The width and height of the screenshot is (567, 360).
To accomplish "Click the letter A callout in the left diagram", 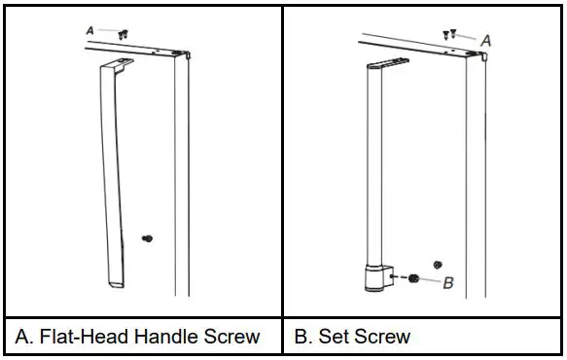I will pos(90,31).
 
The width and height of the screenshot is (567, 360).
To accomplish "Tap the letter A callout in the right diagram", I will pos(486,41).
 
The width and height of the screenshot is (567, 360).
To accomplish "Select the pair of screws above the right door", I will pos(451,34).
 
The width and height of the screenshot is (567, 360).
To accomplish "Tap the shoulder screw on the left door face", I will pos(148,236).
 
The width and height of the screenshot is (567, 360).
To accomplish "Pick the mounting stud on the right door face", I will pos(437,263).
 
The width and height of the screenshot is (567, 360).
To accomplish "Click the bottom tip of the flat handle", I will pos(115,282).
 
